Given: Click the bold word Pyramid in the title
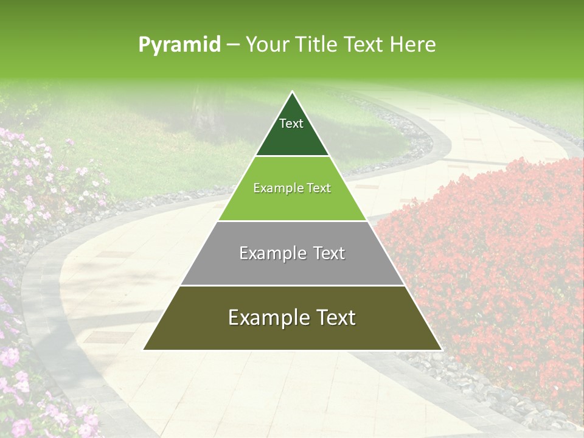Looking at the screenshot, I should coord(179,45).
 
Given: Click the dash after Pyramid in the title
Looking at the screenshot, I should coord(232,45).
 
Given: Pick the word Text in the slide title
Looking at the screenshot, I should coord(366,45).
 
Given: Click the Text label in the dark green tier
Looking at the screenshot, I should coord(291,123).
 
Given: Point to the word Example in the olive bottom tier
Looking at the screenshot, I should coord(265,318).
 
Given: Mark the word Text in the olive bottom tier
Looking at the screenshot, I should coord(335,318).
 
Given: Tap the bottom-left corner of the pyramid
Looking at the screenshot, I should coord(144,350).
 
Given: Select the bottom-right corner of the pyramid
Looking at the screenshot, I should coord(441,350).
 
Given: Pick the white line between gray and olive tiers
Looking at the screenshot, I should coord(293,285).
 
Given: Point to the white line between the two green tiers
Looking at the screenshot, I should coord(293,156).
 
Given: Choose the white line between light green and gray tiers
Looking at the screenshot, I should coord(293,221).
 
